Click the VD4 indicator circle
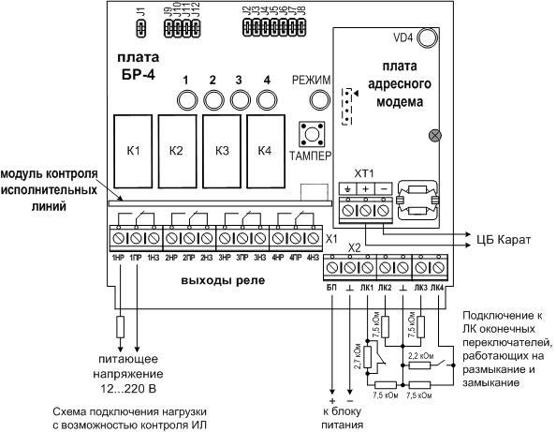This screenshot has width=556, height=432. click(x=428, y=38)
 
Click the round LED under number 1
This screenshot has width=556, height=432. click(x=187, y=100)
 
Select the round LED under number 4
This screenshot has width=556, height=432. click(x=267, y=100)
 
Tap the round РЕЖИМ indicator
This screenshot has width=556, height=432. click(x=311, y=100)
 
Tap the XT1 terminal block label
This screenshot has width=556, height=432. click(x=363, y=174)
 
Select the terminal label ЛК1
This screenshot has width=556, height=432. click(x=367, y=286)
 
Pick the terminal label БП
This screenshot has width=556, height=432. click(x=330, y=286)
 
